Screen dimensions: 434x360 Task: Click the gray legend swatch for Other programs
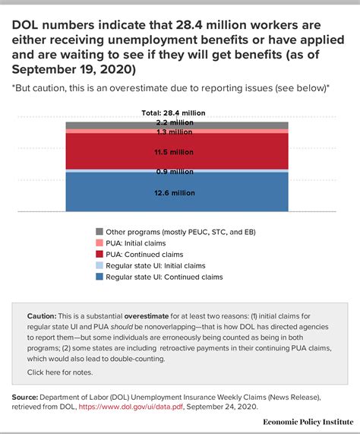coord(99,231)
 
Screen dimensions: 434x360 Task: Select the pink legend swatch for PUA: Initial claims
coord(99,242)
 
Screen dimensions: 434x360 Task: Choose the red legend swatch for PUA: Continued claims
coord(99,254)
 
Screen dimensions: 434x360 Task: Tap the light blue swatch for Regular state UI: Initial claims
coord(99,265)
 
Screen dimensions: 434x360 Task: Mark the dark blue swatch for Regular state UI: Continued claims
coord(99,277)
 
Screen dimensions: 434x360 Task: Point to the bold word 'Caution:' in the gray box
coord(43,314)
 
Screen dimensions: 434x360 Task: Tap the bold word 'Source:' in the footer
coord(29,397)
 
